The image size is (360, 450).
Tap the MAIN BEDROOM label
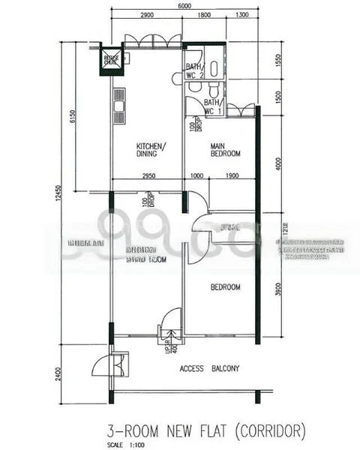coord(225,149)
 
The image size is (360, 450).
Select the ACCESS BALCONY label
coord(210,368)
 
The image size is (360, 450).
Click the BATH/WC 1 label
coord(212,106)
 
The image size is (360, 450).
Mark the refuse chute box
coord(110,59)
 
